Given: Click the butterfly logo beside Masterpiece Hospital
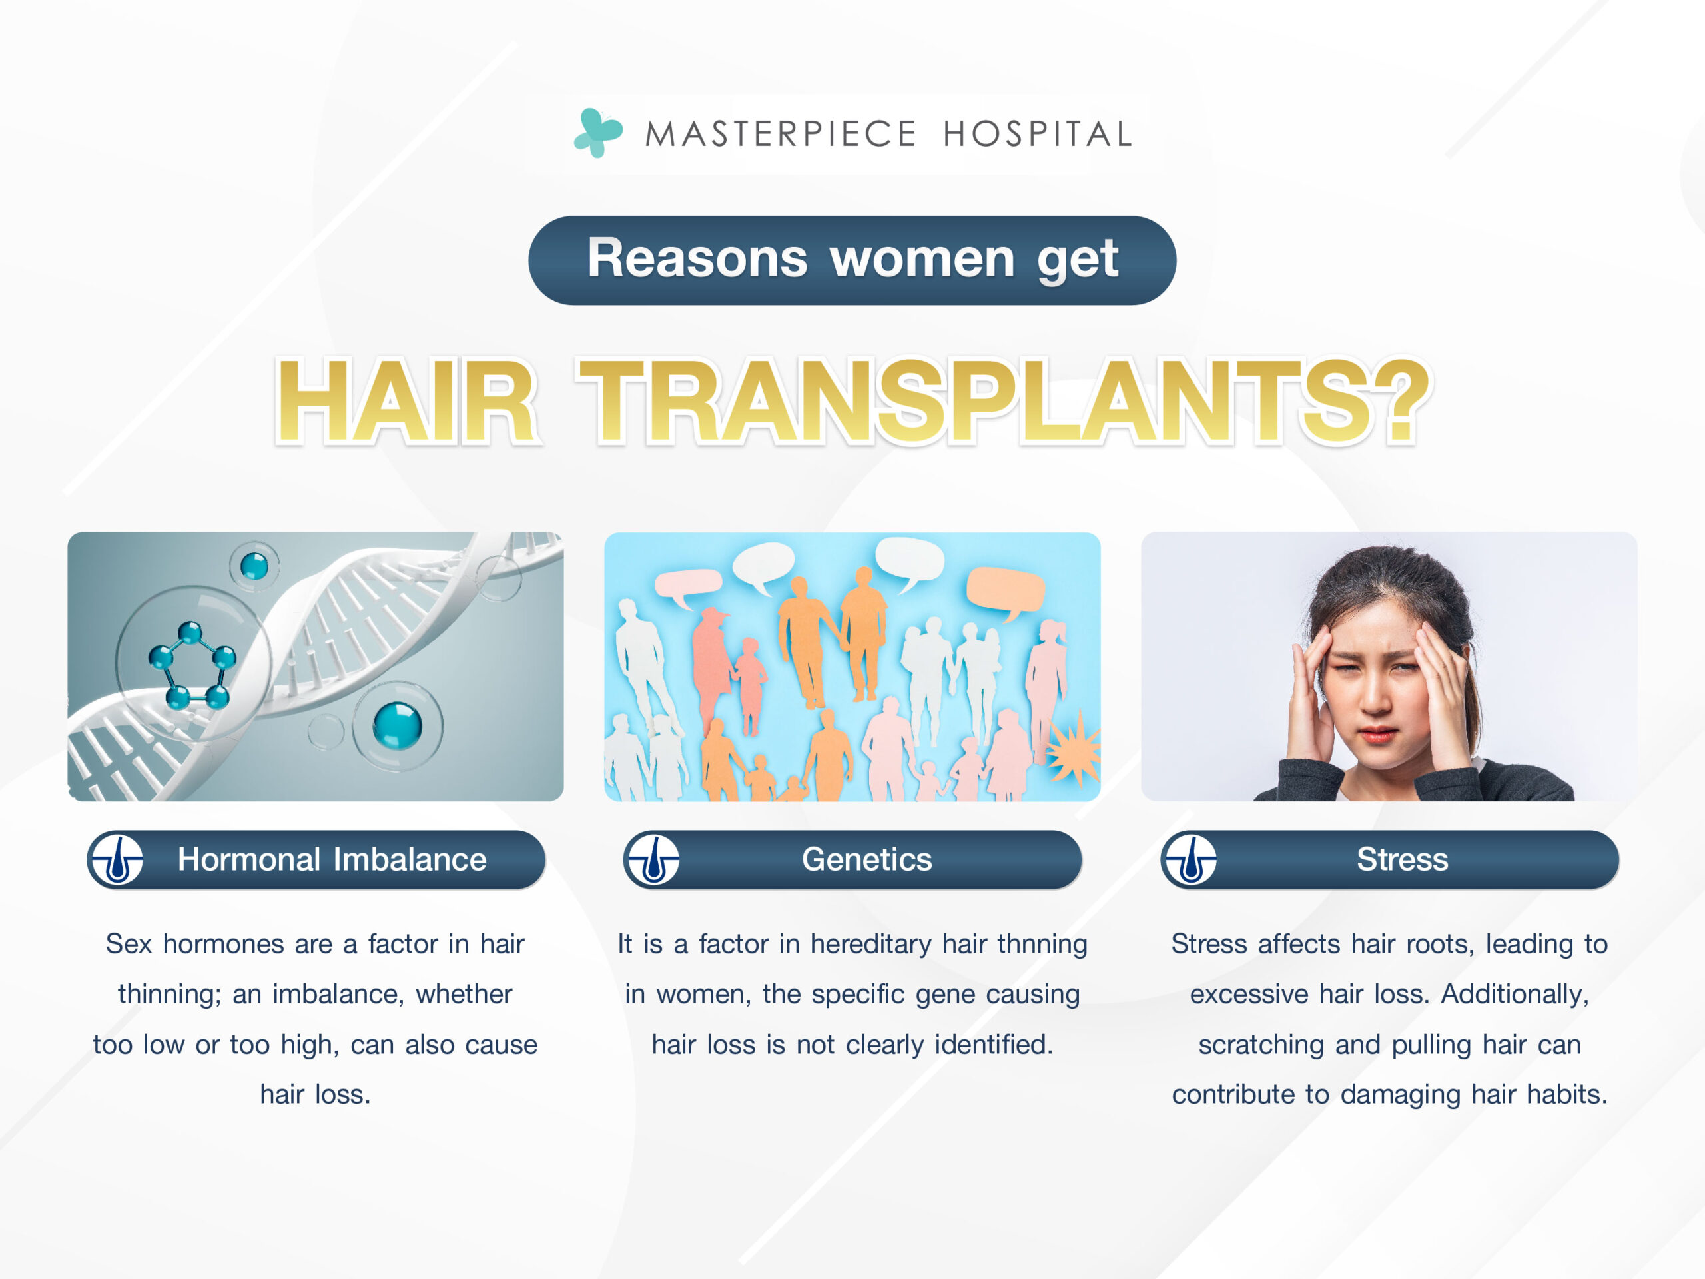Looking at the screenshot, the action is click(598, 133).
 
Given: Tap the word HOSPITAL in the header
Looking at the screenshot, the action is click(1038, 134).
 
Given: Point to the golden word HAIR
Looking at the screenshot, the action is click(406, 401).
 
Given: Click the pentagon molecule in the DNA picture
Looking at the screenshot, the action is click(192, 665).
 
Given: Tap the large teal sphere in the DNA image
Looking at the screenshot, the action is click(398, 725).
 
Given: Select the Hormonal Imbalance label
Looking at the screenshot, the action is click(332, 859).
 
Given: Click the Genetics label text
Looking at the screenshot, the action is click(866, 859).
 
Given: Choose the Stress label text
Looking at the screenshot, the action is click(1402, 859).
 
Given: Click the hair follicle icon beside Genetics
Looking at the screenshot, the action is click(653, 859).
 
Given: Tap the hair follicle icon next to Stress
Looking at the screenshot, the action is click(1190, 859).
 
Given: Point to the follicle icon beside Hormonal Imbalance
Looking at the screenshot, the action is click(117, 859).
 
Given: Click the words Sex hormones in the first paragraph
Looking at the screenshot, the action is click(196, 945).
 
